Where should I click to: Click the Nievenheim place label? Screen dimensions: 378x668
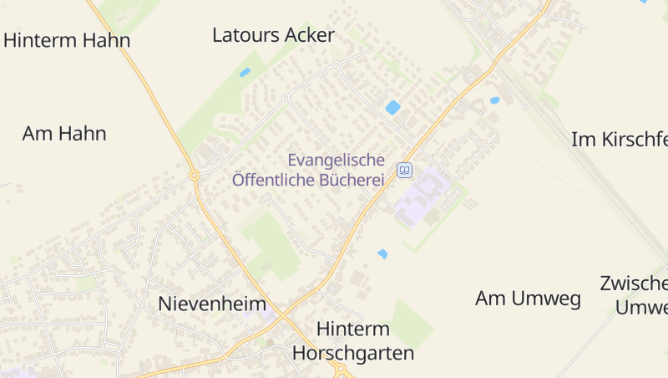212,304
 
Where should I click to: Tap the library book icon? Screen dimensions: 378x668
404,170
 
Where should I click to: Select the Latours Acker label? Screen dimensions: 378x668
273,35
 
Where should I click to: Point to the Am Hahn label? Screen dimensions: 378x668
64,133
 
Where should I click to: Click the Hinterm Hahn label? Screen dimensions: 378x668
67,40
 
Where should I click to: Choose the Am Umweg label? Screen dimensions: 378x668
528,299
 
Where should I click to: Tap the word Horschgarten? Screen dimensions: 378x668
353,353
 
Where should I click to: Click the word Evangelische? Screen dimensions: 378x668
336,160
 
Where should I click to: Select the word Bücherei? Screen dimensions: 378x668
352,179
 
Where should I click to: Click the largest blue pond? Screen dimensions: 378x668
392,107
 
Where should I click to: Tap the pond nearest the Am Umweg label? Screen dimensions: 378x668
382,253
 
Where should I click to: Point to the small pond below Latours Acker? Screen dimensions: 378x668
245,72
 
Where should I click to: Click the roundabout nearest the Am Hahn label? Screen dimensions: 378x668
194,175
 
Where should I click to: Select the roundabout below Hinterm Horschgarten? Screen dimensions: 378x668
340,369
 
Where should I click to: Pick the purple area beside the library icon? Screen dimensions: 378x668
422,197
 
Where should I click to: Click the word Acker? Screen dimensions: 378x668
309,35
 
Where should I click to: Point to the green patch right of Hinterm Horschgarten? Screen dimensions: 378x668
412,323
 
